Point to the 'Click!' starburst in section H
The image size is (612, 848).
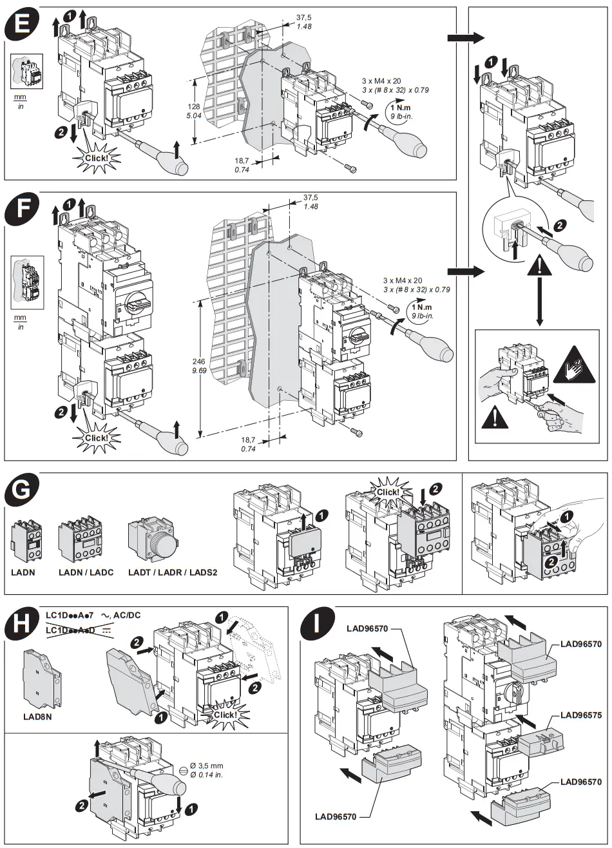(225, 715)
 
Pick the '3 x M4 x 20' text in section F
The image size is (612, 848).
(403, 280)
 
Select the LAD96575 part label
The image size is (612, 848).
(580, 715)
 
